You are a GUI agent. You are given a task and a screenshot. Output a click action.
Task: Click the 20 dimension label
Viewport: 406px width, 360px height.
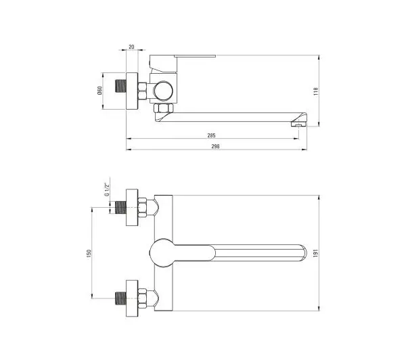(x=131, y=47)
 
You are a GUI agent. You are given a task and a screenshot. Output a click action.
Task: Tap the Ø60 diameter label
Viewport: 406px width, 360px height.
(x=99, y=91)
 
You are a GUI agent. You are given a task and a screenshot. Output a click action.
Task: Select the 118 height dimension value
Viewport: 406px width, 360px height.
(x=315, y=91)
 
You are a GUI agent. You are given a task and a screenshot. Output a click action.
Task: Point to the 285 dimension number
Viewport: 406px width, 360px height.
(x=211, y=135)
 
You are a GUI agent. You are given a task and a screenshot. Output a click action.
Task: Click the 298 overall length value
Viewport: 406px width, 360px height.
(x=215, y=146)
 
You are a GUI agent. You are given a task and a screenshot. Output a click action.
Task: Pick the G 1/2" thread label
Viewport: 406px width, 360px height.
(x=107, y=189)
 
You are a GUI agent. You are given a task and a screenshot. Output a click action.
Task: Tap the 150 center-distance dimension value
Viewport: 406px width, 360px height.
(x=89, y=253)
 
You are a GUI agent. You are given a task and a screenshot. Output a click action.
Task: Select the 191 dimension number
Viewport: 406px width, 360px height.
(x=315, y=253)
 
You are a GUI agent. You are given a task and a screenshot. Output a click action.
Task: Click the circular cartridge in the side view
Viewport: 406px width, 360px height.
(x=163, y=91)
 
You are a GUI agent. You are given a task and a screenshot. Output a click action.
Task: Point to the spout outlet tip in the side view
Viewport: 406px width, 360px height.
(x=299, y=124)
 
